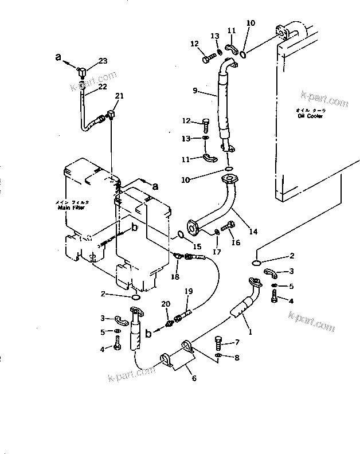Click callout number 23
[x=103, y=61]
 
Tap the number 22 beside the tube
[x=103, y=87]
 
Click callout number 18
[x=174, y=277]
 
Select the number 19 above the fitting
[x=188, y=291]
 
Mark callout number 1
[x=250, y=331]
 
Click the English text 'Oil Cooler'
[x=310, y=115]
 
